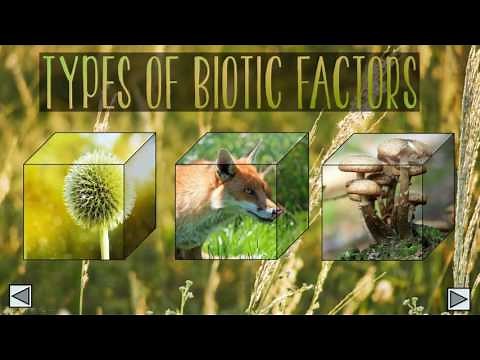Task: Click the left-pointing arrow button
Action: (20, 297)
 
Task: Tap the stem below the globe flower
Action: (104, 241)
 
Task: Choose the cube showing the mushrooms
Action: (385, 195)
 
